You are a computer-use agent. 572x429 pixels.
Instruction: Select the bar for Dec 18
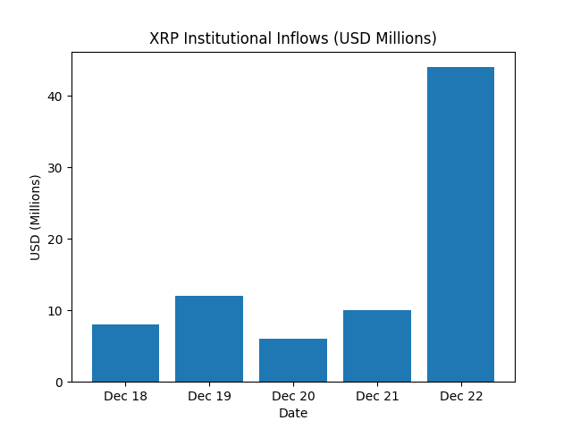coord(125,353)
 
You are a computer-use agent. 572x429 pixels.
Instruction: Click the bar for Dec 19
coord(209,339)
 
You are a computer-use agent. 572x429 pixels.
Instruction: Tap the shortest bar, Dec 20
coord(293,360)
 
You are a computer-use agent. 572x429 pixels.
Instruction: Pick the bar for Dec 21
coord(377,346)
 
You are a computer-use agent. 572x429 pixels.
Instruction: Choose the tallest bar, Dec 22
coord(460,224)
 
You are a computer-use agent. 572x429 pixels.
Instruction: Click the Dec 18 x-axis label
coord(125,396)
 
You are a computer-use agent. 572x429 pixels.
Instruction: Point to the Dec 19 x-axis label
coord(209,396)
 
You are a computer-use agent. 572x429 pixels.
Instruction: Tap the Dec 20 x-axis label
coord(293,396)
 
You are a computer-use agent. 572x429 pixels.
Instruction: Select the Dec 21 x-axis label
coord(377,396)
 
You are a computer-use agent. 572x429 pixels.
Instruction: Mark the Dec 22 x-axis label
coord(460,396)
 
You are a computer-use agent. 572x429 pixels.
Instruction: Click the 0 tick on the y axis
coord(59,383)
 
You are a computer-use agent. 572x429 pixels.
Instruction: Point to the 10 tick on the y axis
coord(56,311)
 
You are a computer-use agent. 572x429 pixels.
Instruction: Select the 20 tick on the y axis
coord(56,240)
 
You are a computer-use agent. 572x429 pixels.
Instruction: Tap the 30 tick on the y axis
coord(56,168)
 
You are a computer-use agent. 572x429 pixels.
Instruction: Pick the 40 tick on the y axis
coord(56,97)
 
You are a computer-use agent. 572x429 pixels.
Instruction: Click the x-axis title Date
coord(293,413)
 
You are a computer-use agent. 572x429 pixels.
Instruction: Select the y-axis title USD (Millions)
coord(36,217)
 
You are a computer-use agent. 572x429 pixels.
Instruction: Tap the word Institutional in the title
coord(228,39)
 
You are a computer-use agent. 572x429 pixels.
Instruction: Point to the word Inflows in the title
coord(308,39)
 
